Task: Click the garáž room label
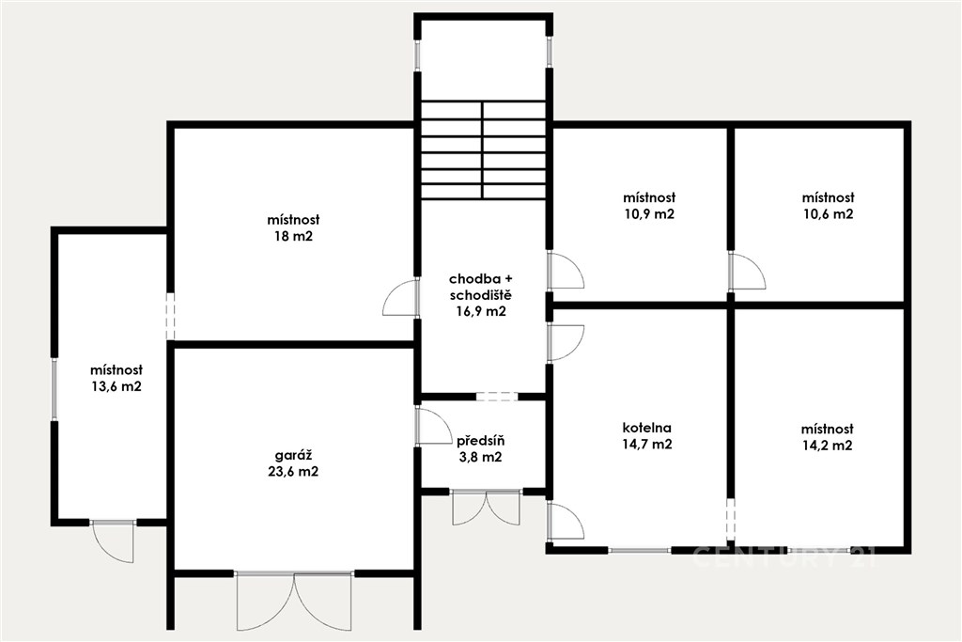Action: pyautogui.click(x=293, y=455)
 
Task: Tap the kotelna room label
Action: pyautogui.click(x=646, y=428)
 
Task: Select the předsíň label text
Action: pyautogui.click(x=480, y=441)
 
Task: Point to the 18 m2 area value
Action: pyautogui.click(x=293, y=236)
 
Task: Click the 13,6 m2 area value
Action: pyautogui.click(x=116, y=386)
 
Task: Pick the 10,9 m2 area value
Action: pyautogui.click(x=649, y=214)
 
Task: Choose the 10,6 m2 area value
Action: pyautogui.click(x=829, y=214)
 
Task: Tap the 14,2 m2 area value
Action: pyautogui.click(x=827, y=446)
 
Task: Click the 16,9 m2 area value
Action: pyautogui.click(x=480, y=311)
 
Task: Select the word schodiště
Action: pyautogui.click(x=480, y=295)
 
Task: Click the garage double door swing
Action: pyautogui.click(x=294, y=602)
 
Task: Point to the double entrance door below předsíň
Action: pyautogui.click(x=486, y=508)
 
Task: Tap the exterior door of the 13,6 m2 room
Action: pyautogui.click(x=113, y=540)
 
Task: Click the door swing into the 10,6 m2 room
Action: pyautogui.click(x=748, y=272)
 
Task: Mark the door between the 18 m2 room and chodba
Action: pyautogui.click(x=400, y=298)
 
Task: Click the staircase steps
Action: pyautogui.click(x=484, y=149)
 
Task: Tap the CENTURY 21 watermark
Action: pyautogui.click(x=784, y=557)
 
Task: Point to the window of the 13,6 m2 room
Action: pyautogui.click(x=54, y=389)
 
